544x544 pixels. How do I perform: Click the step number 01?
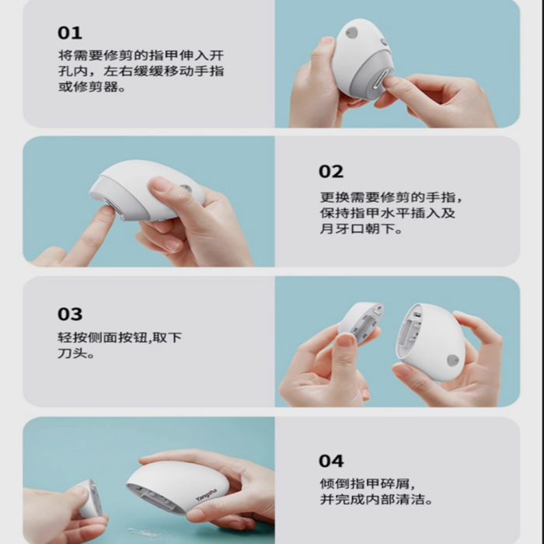coord(70,33)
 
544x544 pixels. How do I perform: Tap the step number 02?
coord(331,172)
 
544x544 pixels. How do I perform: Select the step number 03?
coord(70,314)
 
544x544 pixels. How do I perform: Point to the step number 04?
coord(331,461)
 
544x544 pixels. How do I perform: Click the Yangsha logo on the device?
coord(206,495)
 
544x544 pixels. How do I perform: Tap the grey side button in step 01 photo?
coord(351,33)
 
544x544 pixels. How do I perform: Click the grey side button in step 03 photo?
coord(452,361)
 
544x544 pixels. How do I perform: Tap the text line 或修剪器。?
coord(92,87)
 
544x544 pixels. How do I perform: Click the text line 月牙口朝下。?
coord(361,228)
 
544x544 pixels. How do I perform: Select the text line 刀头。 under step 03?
coord(76,354)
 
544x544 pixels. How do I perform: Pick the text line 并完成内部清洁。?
coord(376,499)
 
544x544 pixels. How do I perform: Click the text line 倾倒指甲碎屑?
coord(368,483)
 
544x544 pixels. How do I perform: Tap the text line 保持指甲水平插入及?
coord(388,213)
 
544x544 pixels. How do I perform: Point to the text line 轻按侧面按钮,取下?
coord(120,337)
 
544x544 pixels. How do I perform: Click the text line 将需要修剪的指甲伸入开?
coord(141,55)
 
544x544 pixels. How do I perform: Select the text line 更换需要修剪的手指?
coord(391,197)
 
